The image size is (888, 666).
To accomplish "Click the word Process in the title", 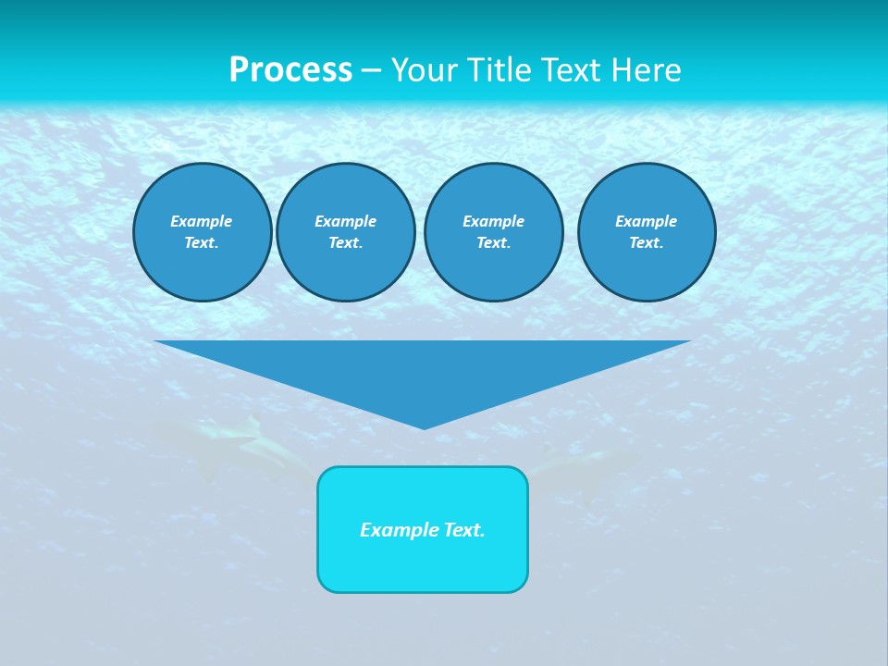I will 290,70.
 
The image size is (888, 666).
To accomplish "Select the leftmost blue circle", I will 202,232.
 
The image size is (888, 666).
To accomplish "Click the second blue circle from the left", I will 345,232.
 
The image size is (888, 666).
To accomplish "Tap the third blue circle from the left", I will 493,232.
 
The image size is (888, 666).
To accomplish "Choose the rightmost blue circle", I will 647,232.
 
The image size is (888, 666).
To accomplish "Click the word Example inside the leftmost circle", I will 202,221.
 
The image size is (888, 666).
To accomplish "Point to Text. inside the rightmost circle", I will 647,243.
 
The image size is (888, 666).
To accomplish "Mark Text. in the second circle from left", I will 345,243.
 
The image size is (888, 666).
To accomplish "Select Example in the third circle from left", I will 493,221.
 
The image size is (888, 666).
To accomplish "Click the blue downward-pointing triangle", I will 423,370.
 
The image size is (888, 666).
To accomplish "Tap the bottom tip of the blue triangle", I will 424,426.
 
